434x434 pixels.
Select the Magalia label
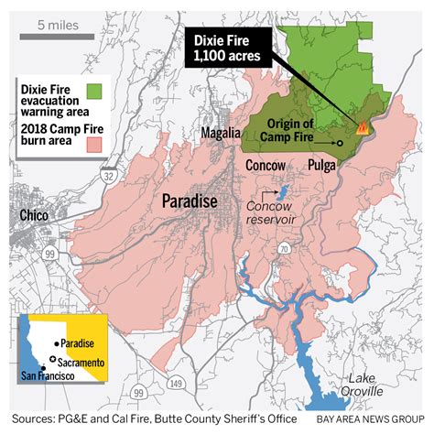[x=221, y=136]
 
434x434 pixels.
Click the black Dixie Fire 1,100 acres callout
[x=224, y=49]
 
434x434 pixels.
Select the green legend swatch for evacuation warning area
[x=93, y=91]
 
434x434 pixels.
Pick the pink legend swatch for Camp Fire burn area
[x=93, y=118]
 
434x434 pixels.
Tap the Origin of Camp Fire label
[x=298, y=130]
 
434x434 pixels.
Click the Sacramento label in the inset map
[x=81, y=363]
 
